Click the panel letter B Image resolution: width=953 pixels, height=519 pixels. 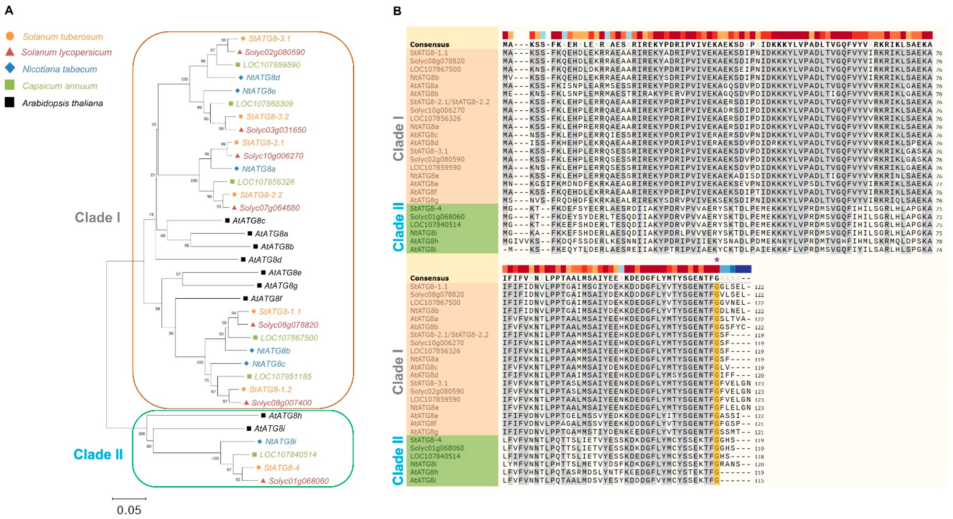point(397,11)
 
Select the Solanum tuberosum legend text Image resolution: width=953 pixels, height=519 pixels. point(63,37)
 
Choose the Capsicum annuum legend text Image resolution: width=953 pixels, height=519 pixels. point(60,86)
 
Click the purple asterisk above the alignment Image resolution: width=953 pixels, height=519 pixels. point(717,260)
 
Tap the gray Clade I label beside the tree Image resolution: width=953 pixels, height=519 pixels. point(98,217)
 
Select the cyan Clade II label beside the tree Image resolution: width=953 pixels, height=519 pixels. point(98,454)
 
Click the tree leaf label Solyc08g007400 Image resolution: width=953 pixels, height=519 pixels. point(281,402)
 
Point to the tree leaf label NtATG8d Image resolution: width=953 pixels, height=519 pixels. point(263,77)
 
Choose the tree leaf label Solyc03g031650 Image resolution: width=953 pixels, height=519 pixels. point(276,130)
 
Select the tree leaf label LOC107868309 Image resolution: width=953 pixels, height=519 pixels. point(264,104)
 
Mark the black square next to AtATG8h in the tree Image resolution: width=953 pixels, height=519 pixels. point(263,415)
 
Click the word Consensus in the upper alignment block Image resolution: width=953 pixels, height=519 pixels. point(429,44)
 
